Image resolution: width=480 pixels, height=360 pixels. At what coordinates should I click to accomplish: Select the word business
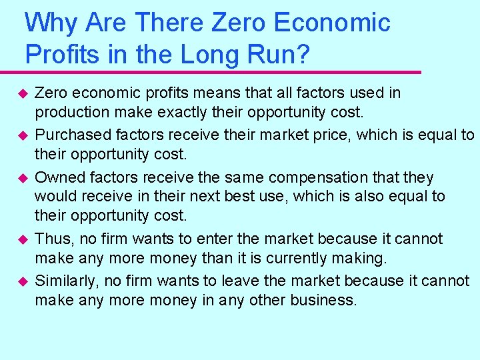tap(323, 300)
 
